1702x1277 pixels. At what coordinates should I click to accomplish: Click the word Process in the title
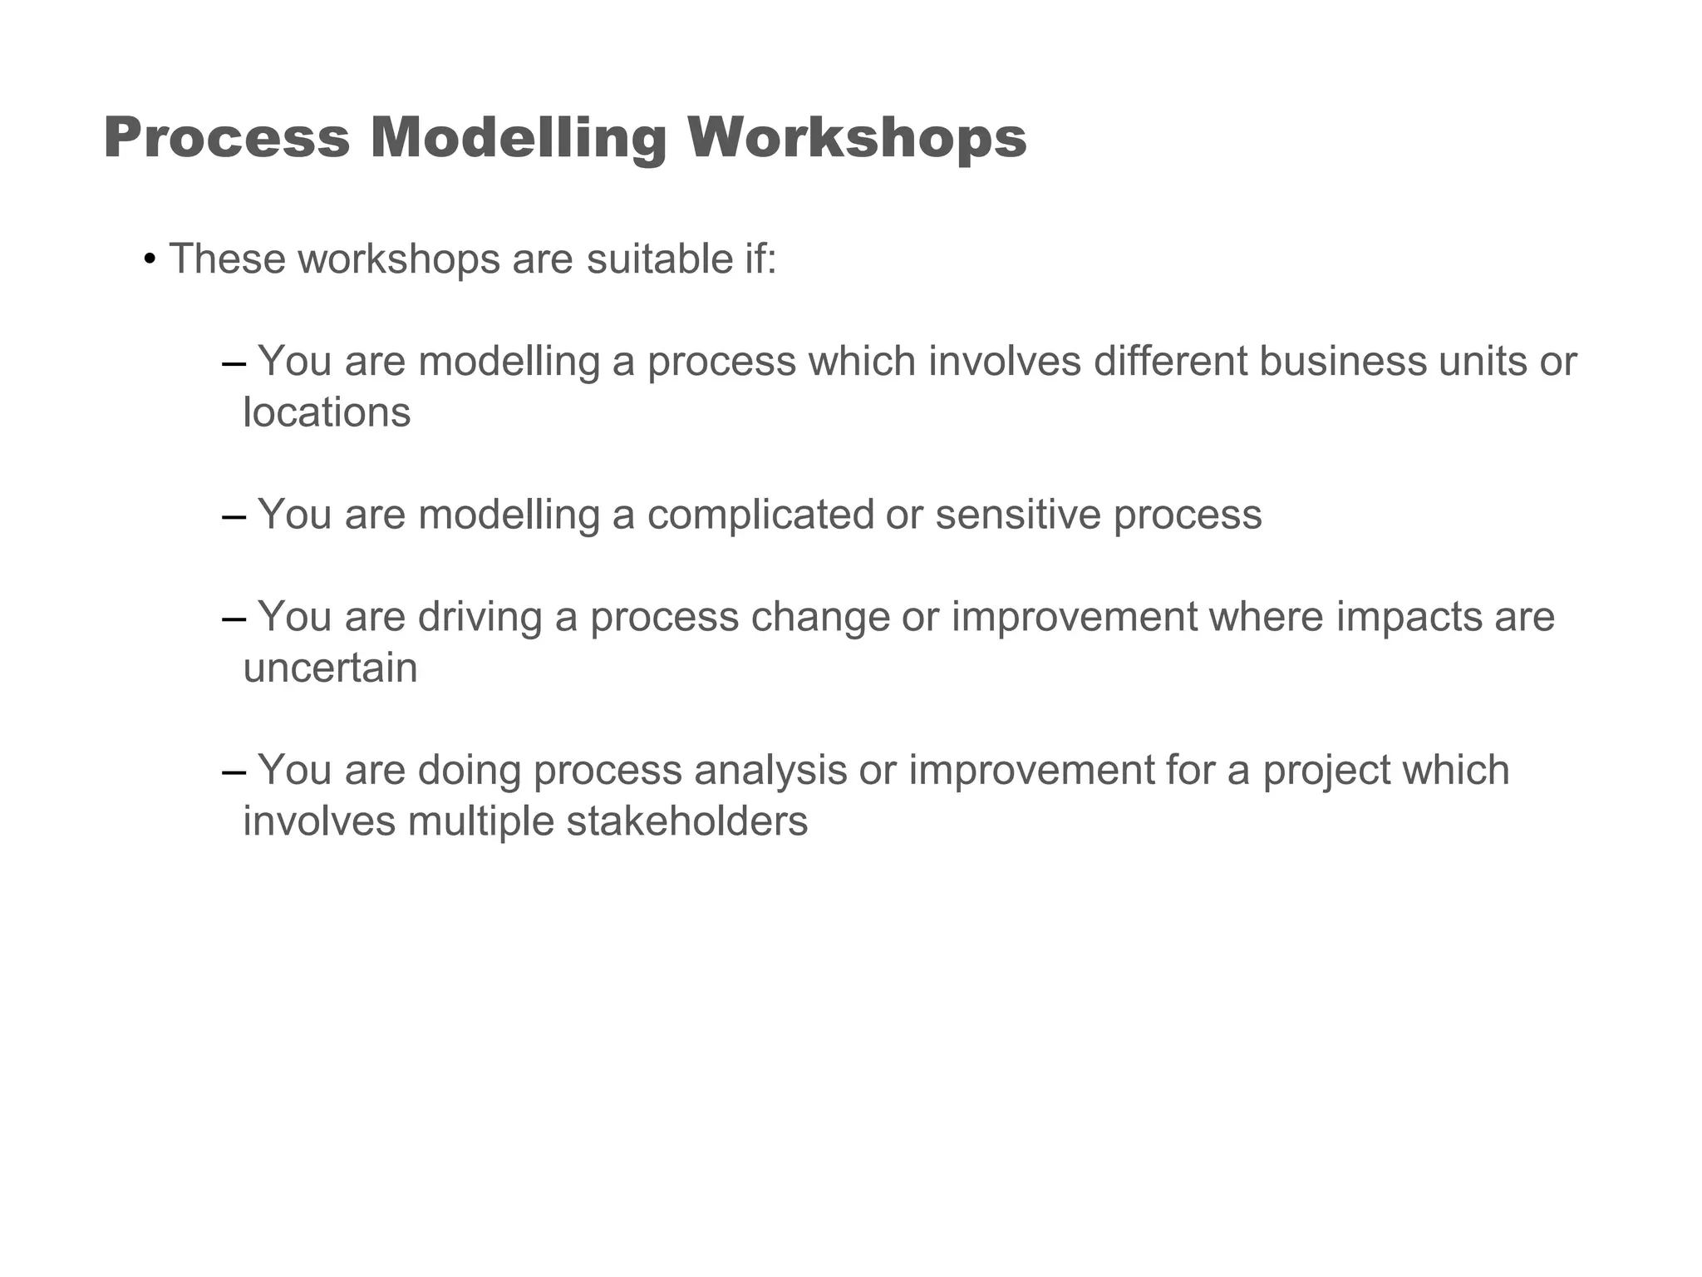click(x=227, y=138)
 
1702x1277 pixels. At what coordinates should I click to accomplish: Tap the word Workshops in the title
click(x=857, y=138)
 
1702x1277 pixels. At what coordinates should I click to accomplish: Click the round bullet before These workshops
click(x=150, y=259)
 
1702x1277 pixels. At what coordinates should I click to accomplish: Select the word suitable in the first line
click(x=653, y=259)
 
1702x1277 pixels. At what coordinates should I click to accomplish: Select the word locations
click(x=327, y=412)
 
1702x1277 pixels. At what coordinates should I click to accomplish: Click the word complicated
click(x=760, y=515)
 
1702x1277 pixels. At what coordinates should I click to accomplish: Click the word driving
click(x=480, y=618)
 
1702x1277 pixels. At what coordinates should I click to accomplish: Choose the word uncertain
click(x=330, y=668)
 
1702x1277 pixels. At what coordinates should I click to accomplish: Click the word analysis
click(x=770, y=771)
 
